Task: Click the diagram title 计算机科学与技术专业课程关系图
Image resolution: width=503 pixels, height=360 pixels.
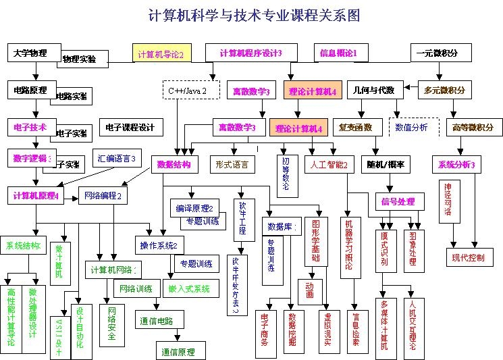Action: [254, 16]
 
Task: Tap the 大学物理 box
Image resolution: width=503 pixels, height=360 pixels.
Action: [31, 53]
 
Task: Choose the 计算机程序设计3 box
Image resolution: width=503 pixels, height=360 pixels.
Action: [250, 53]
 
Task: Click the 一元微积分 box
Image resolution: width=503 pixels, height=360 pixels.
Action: [437, 53]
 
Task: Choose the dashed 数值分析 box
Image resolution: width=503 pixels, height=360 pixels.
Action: [413, 127]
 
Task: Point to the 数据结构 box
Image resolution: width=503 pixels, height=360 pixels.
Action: [174, 164]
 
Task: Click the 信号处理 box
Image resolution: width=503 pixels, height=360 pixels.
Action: [400, 201]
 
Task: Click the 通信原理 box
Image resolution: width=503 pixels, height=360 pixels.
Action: [178, 352]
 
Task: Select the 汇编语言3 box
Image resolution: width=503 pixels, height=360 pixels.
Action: [115, 158]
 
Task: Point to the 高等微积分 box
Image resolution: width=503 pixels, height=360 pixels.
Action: [473, 127]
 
